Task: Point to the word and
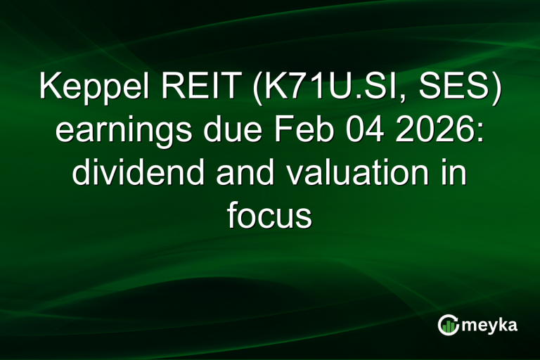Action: click(x=237, y=172)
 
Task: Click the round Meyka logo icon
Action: click(x=449, y=325)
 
